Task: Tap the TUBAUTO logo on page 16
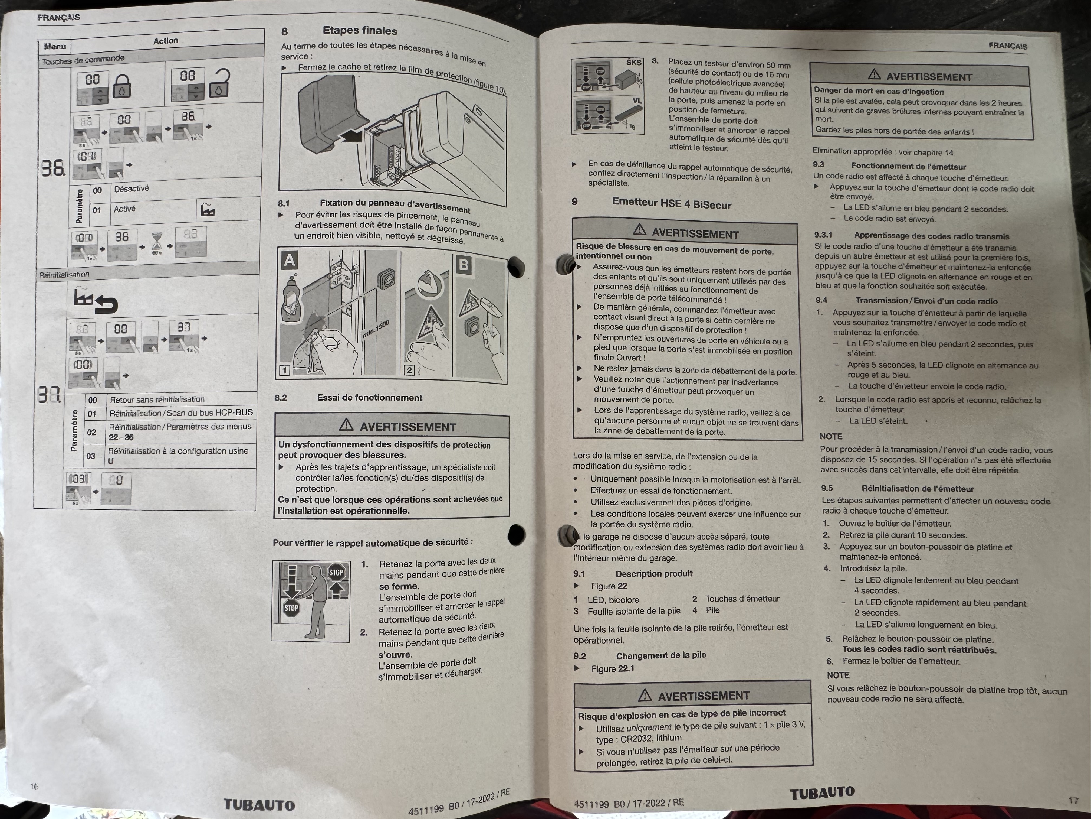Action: coord(259,805)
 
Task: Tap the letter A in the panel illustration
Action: coord(290,260)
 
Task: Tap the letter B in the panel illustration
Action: coord(463,265)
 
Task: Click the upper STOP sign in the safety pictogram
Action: coord(336,573)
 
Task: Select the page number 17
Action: coord(1073,800)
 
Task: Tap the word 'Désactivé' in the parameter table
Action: coord(131,188)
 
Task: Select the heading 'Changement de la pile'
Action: coord(661,655)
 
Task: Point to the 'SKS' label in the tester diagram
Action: coord(634,62)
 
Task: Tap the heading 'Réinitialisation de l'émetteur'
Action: coord(917,489)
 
